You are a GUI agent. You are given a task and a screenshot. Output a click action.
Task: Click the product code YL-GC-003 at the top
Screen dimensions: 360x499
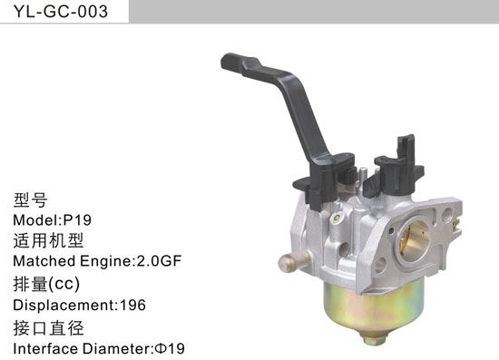coord(55,12)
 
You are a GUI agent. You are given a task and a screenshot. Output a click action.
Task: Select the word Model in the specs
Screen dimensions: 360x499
coord(35,219)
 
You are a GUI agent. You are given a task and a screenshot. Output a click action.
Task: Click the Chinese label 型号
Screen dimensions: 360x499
coord(30,199)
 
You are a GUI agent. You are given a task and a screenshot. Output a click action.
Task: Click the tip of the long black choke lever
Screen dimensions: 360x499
coord(230,63)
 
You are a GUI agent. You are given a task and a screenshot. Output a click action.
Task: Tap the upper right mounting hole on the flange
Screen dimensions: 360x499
coord(445,215)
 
